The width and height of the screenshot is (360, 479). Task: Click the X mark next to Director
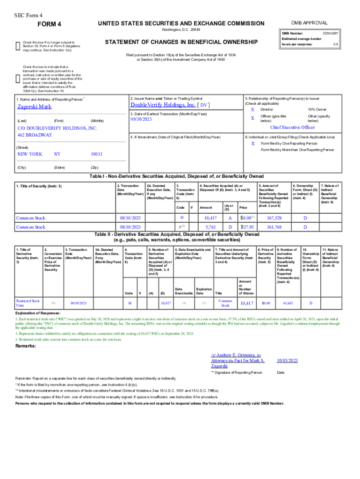coord(252,109)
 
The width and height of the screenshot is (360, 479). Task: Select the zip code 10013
coord(96,154)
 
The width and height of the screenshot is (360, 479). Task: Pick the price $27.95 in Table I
coord(247,227)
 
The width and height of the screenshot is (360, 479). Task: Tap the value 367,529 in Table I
coord(274,218)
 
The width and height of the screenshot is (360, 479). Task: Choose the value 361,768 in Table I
coord(274,227)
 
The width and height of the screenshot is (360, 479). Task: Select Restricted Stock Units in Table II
coord(28,303)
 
